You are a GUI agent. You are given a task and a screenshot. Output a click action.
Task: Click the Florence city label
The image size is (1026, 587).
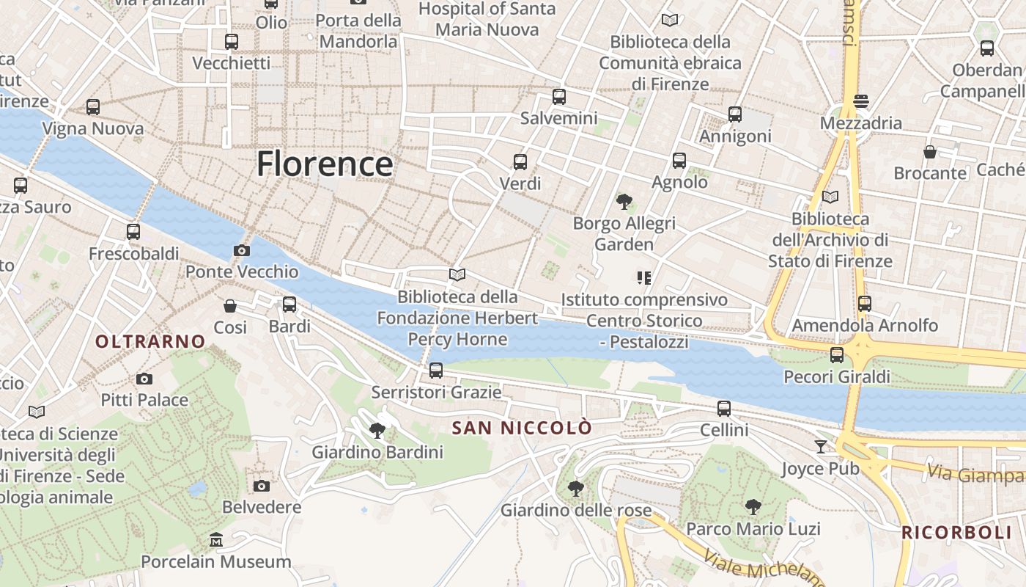tap(324, 164)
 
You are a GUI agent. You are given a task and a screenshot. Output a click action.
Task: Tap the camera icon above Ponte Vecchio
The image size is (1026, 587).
tap(241, 251)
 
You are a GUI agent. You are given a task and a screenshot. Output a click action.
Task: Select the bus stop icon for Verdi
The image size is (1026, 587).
tap(520, 161)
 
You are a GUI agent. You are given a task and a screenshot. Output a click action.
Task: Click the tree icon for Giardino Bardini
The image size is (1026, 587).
tap(377, 430)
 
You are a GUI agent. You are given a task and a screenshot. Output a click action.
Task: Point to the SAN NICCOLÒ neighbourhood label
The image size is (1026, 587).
tap(521, 428)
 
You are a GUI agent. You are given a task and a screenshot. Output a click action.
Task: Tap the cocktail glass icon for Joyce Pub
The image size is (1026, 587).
tap(820, 446)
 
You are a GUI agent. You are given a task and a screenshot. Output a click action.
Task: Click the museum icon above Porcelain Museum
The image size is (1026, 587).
tap(216, 540)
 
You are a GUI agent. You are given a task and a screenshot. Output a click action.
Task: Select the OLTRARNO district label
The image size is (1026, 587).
tap(150, 341)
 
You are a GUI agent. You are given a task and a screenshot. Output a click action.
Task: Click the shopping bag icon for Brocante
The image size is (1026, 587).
tap(929, 152)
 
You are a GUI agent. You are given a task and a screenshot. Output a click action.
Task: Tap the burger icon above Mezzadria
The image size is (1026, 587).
tap(860, 101)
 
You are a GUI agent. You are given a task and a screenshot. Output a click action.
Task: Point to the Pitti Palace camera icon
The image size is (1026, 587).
tap(144, 379)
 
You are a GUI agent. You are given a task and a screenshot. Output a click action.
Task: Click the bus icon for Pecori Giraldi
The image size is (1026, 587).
tap(836, 355)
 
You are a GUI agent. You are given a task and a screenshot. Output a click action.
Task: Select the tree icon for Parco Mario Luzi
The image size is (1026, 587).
tap(753, 506)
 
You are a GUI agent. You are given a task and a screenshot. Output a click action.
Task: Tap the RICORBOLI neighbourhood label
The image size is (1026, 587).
tap(956, 533)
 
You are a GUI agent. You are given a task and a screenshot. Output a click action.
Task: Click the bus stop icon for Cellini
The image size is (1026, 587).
tap(724, 408)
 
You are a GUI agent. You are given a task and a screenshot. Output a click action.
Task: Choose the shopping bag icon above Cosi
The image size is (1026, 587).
tap(230, 305)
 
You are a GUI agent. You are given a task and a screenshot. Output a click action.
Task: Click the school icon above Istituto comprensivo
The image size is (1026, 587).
tap(644, 277)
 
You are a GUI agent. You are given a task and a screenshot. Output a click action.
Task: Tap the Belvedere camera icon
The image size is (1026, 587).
tap(262, 486)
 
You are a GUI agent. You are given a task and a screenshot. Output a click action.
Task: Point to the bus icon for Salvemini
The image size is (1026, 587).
tap(559, 96)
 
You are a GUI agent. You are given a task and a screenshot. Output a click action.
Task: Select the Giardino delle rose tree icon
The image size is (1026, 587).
tap(576, 488)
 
